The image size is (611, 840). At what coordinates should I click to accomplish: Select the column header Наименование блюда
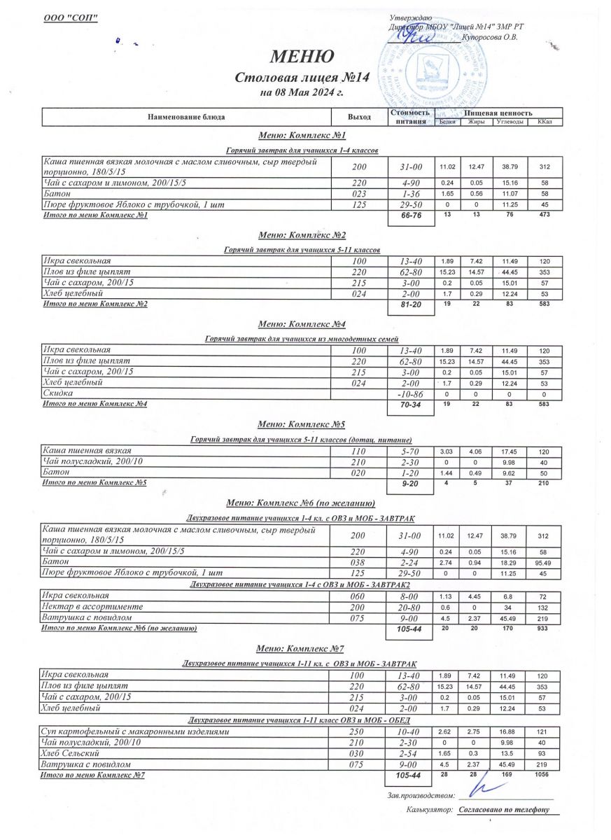tap(185, 117)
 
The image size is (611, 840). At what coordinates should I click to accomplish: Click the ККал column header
tap(545, 122)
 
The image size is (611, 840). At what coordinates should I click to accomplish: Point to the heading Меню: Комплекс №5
tap(302, 424)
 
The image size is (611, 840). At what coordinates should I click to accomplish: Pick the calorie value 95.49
tap(545, 563)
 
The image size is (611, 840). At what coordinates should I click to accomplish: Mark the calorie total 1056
tap(545, 775)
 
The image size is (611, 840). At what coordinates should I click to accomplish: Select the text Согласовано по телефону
tap(504, 810)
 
